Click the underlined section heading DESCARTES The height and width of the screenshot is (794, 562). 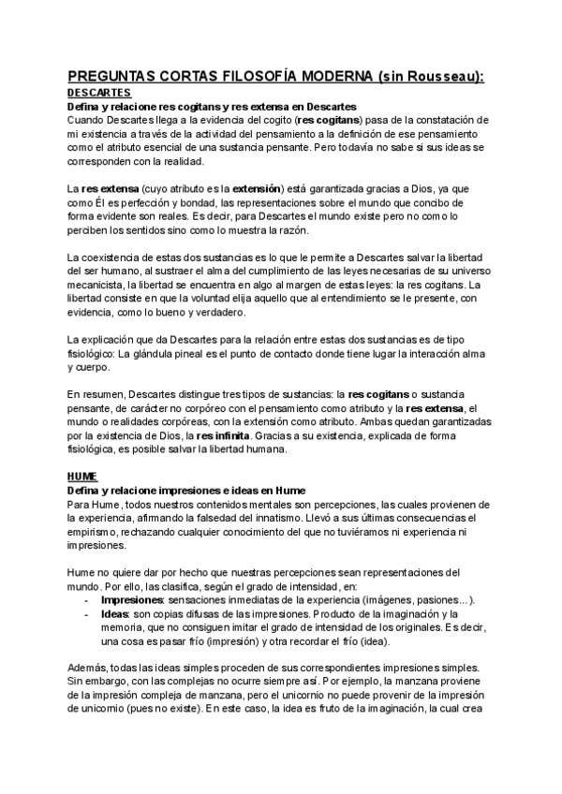tap(99, 94)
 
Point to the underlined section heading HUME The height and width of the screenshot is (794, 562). tap(82, 477)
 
